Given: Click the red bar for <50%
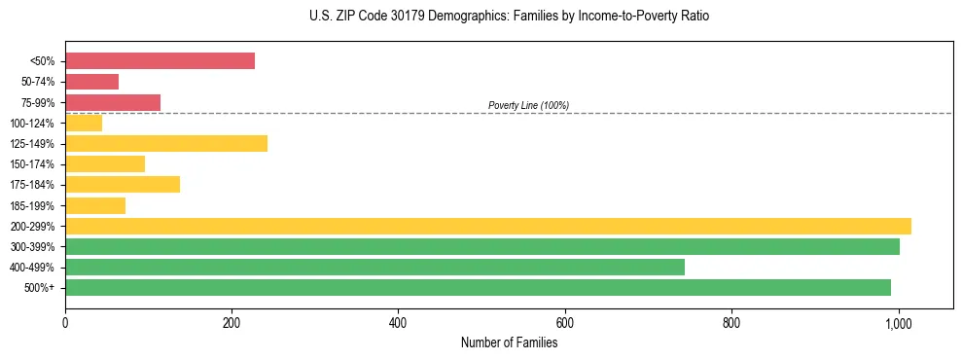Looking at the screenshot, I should coord(160,61).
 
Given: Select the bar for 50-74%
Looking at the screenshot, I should coord(91,82).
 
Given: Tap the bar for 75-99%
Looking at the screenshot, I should coord(113,102).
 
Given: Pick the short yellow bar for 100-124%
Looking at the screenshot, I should coord(84,123).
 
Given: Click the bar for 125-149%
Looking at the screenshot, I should coord(165,144).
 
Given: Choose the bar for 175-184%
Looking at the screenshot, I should coord(123,185).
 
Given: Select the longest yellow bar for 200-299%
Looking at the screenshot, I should coord(487,226).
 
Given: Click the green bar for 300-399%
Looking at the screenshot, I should coord(481,246).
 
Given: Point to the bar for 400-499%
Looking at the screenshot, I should coord(374,267).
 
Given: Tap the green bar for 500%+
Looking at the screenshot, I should coord(478,287).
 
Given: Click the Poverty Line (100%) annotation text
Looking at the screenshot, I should coord(528,105).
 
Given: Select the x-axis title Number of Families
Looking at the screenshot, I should coord(509,342).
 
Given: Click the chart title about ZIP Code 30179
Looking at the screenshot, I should coord(509,17).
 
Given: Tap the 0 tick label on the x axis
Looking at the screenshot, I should coord(65,322).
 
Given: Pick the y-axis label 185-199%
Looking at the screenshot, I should coord(32,205).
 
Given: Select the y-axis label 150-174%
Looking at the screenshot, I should coord(32,164).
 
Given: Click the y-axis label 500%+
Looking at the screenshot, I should coord(40,287).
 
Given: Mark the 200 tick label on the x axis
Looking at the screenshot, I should coord(232,322).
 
